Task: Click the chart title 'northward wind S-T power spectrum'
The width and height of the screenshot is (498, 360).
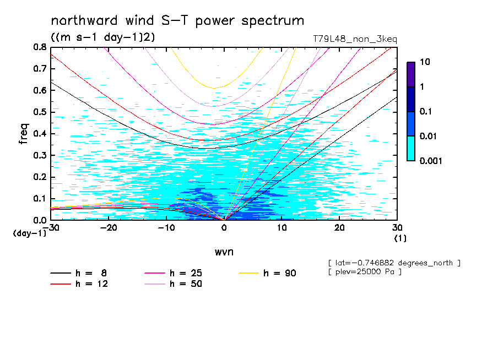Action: pyautogui.click(x=177, y=21)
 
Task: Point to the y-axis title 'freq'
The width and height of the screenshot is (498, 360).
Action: pyautogui.click(x=23, y=133)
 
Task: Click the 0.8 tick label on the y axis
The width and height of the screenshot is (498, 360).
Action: pyautogui.click(x=39, y=47)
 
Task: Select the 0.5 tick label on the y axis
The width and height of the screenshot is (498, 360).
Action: pyautogui.click(x=39, y=112)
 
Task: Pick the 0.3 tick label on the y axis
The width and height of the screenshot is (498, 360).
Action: pyautogui.click(x=39, y=155)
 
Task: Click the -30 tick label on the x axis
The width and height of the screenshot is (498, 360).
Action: pyautogui.click(x=51, y=228)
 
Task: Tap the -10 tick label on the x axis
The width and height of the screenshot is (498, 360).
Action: pyautogui.click(x=166, y=228)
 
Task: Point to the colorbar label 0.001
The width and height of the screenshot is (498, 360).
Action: pyautogui.click(x=430, y=161)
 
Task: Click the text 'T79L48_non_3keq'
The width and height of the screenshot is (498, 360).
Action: pyautogui.click(x=354, y=39)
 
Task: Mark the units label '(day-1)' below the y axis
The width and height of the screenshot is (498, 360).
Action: pyautogui.click(x=30, y=233)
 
